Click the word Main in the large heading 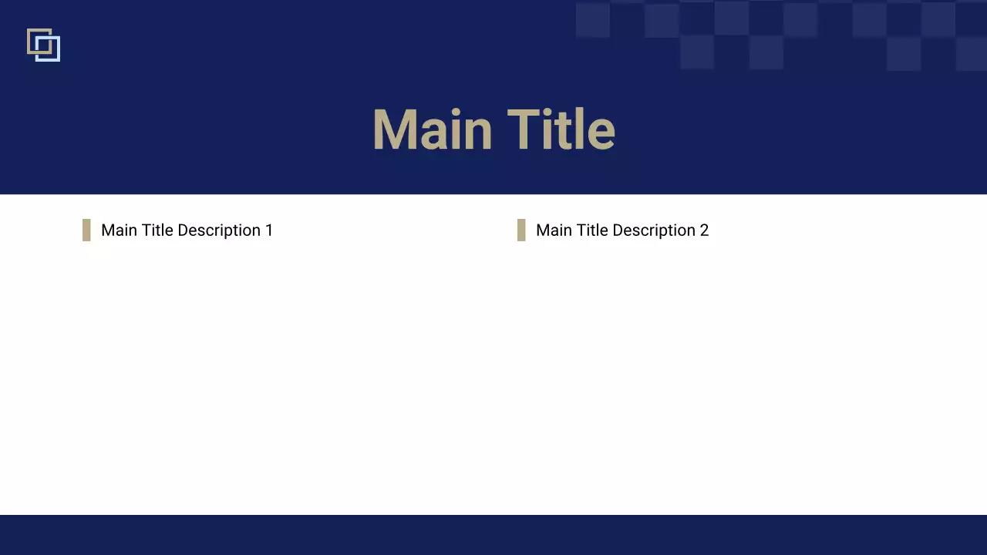432,129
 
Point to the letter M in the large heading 396,129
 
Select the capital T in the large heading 524,129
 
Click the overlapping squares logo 43,45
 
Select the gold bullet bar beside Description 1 86,230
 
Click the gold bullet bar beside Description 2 521,230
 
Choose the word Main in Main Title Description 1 119,230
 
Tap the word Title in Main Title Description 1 157,230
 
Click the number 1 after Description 269,230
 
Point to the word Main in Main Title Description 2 554,230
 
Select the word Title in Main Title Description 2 592,230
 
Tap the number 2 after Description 704,230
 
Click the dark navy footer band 493,535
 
